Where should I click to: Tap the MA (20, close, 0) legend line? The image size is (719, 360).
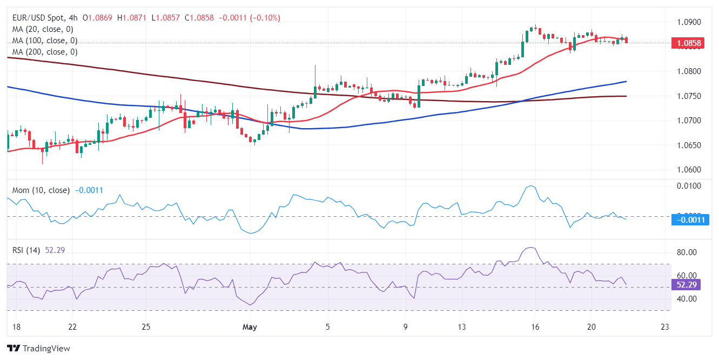(x=43, y=29)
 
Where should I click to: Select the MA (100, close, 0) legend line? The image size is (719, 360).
(x=45, y=41)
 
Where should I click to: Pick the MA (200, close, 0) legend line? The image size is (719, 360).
(x=45, y=52)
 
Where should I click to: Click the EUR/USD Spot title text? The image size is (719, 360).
(x=38, y=18)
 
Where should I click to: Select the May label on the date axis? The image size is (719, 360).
(x=250, y=327)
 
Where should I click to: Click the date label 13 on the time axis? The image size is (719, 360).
(x=461, y=327)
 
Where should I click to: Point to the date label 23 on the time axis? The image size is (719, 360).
(x=665, y=327)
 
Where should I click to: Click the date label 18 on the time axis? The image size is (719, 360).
(x=17, y=327)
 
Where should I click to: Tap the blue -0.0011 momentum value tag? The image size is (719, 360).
(x=690, y=219)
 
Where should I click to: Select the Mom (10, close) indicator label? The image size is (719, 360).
(x=41, y=190)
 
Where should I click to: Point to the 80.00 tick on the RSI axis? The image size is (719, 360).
(x=687, y=252)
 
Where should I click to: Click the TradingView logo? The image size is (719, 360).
(x=38, y=349)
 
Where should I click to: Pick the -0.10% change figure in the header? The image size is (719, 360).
(x=265, y=18)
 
